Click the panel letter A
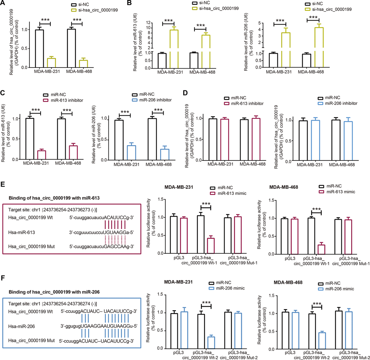pyautogui.click(x=3, y=4)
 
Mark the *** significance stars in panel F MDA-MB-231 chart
pyautogui.click(x=206, y=291)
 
